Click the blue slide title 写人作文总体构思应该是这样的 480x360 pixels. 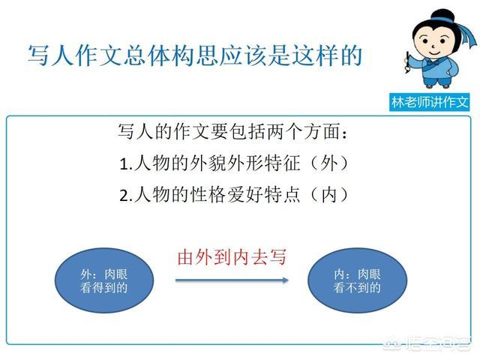tap(195, 55)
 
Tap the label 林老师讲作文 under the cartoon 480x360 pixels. tap(430, 102)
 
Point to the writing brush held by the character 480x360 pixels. tap(408, 62)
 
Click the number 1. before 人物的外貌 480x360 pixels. tap(125, 164)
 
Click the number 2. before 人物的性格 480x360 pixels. tap(126, 196)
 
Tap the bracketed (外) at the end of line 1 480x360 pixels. tap(329, 163)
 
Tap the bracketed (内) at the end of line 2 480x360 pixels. tap(329, 195)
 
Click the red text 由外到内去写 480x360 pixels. tap(232, 257)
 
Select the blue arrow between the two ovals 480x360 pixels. tap(232, 280)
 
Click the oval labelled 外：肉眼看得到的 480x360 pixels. tap(104, 280)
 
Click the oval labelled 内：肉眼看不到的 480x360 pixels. tap(357, 280)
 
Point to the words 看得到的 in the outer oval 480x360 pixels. tap(103, 288)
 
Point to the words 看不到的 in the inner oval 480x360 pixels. tap(357, 288)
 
